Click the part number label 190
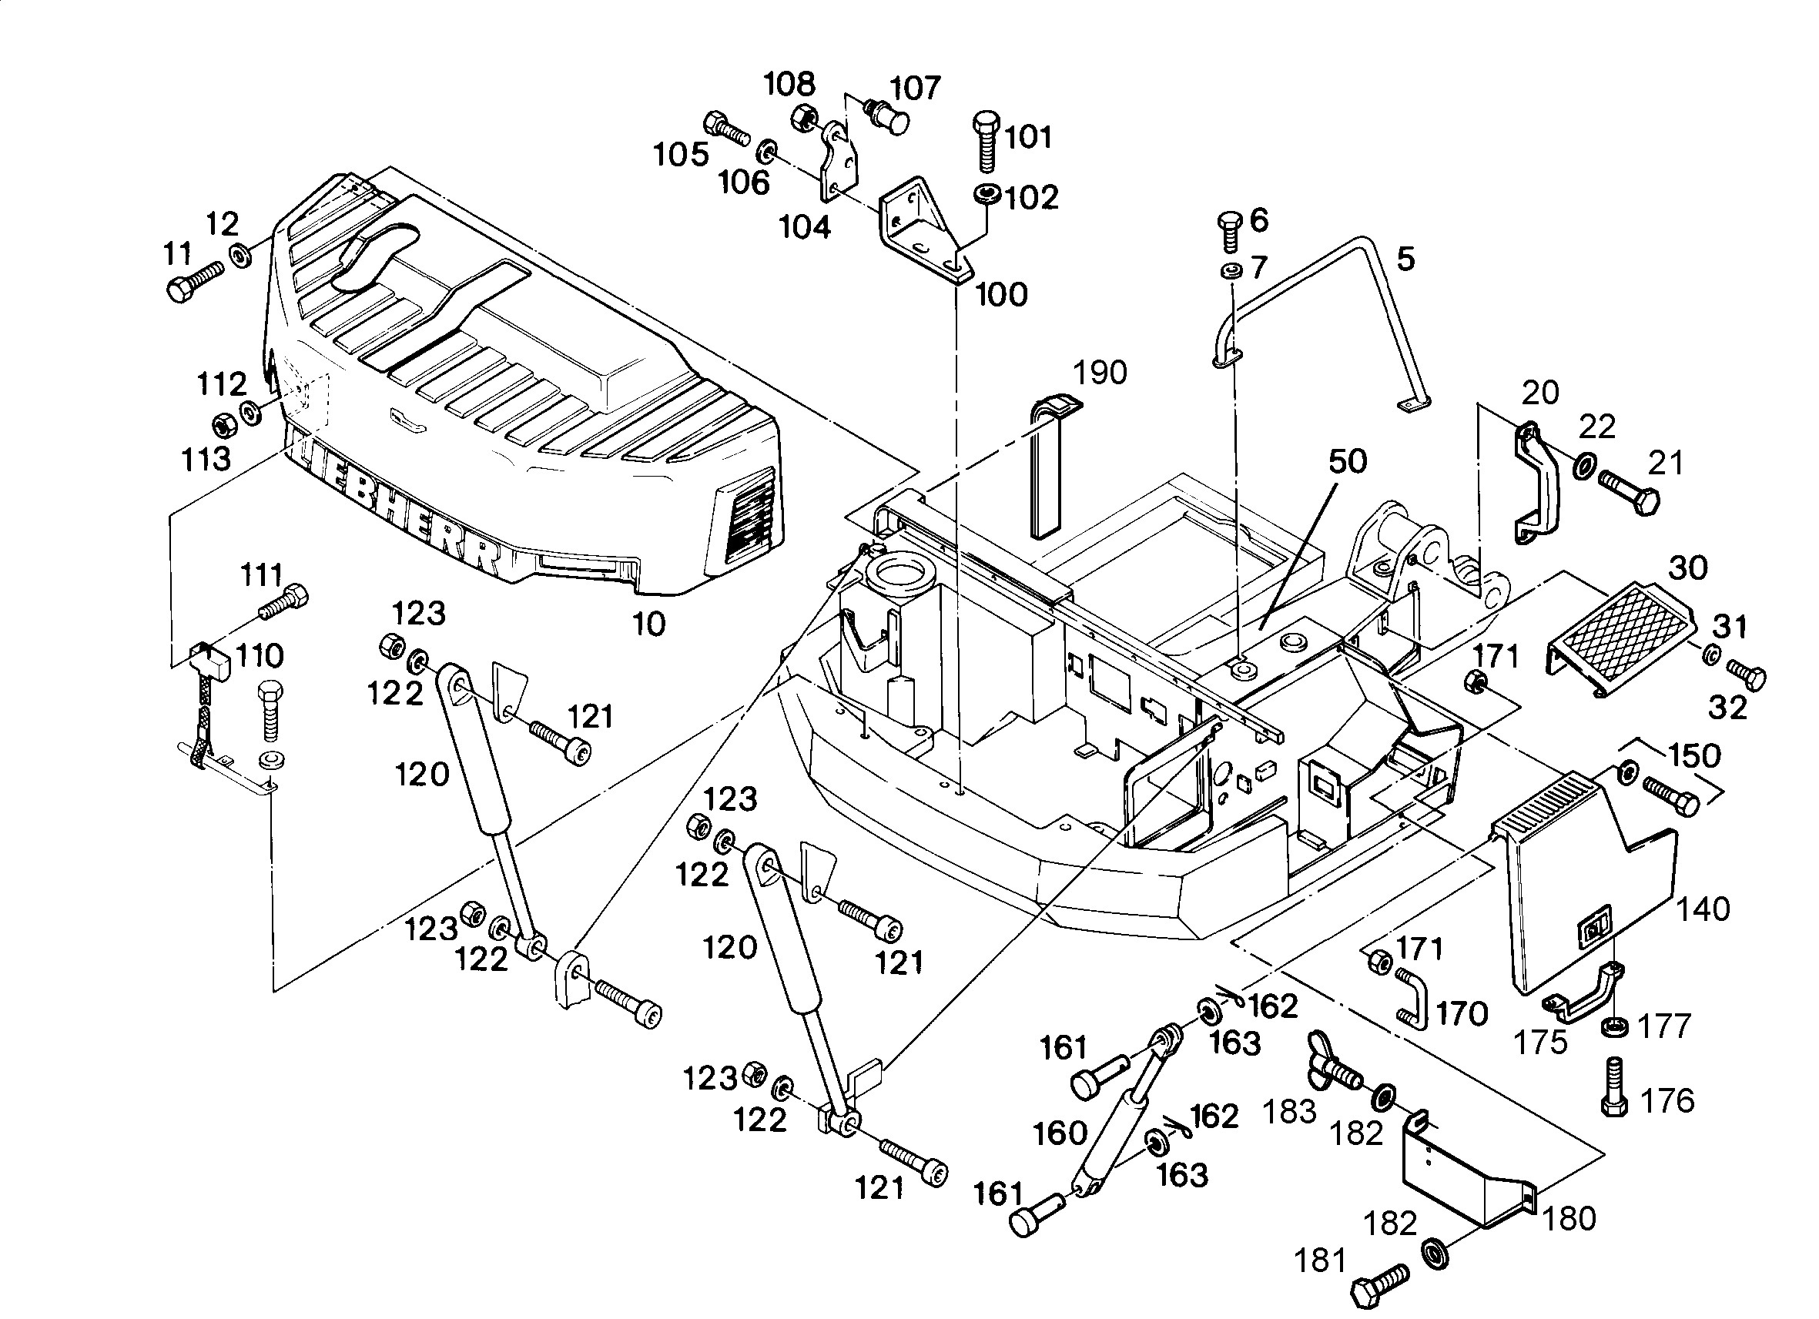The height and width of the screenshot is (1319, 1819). click(1100, 373)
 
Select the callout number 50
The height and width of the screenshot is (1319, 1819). click(1348, 461)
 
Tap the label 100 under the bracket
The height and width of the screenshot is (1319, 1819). click(1001, 295)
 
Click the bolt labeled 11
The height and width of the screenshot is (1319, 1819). click(195, 280)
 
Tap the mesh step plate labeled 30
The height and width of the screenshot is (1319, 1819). click(1620, 640)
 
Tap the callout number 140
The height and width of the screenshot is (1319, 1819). click(1703, 909)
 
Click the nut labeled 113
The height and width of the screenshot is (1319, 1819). click(223, 423)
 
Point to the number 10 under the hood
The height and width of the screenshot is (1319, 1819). click(649, 624)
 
